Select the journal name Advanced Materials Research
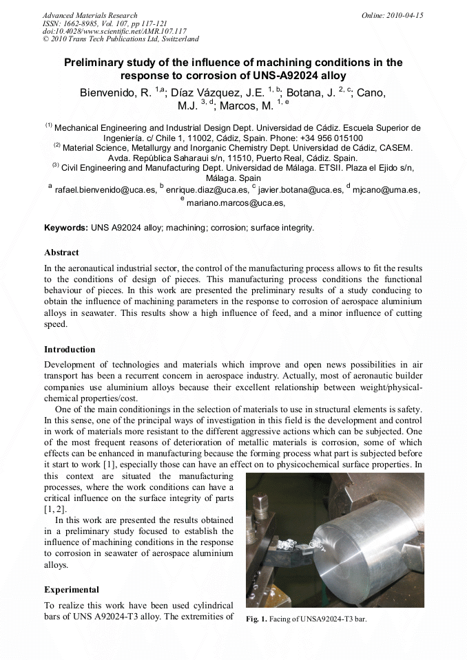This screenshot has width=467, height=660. click(90, 15)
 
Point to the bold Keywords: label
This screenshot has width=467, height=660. click(66, 228)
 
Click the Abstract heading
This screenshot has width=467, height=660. click(61, 253)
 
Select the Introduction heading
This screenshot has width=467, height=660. click(70, 350)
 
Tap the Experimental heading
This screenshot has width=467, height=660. click(72, 590)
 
